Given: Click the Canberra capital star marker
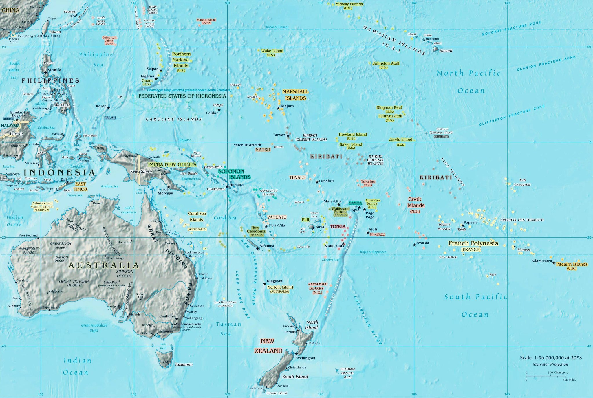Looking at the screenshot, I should click(177, 319).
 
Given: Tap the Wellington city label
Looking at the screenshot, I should click(305, 358).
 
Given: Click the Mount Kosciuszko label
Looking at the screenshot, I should click(188, 324).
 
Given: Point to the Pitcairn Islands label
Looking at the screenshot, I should click(572, 264).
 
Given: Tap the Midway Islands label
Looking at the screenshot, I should click(349, 4).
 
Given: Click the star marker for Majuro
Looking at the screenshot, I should click(278, 108).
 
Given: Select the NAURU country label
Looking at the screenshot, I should click(263, 150).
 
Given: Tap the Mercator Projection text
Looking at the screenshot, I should click(550, 364).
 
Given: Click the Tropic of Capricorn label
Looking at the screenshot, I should click(373, 252).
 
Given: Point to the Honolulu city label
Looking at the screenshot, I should click(432, 39).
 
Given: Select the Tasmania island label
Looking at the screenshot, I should click(184, 364).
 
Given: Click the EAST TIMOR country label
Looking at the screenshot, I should click(80, 186).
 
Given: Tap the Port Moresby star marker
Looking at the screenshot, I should click(168, 187).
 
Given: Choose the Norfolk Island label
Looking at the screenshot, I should click(280, 287).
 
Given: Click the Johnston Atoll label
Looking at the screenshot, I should click(386, 63).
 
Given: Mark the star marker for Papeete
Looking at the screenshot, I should click(463, 225).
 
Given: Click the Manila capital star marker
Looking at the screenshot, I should click(45, 73).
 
